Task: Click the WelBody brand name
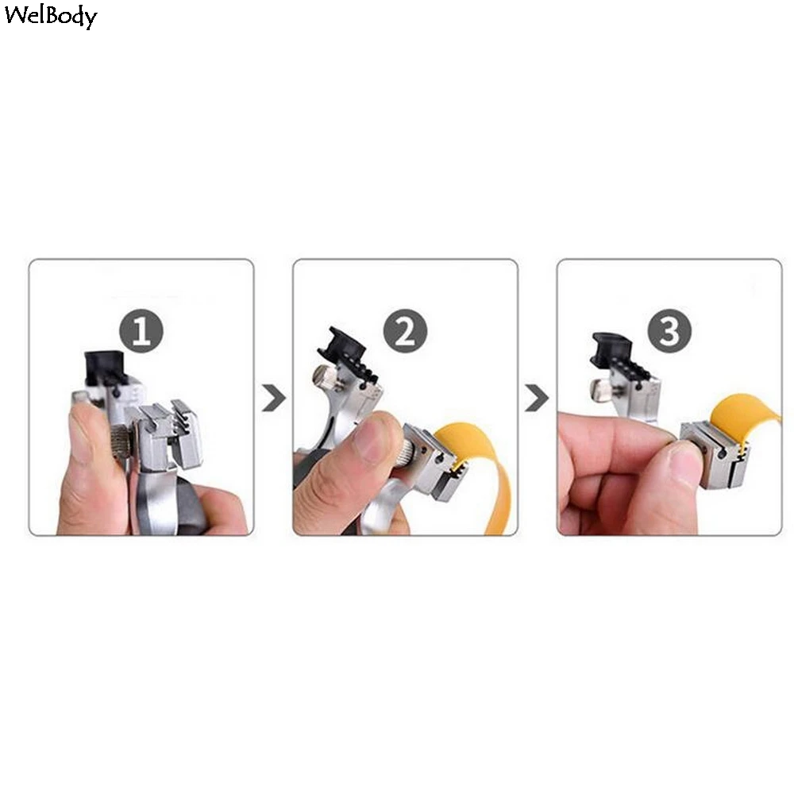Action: click(x=50, y=17)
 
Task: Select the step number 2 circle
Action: click(x=405, y=332)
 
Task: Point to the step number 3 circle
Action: click(x=669, y=332)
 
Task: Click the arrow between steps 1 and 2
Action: click(x=274, y=397)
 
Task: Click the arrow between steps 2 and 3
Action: click(x=537, y=397)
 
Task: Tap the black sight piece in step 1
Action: click(x=103, y=367)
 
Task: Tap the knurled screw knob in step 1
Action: click(x=121, y=441)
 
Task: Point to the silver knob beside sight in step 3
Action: click(x=602, y=389)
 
